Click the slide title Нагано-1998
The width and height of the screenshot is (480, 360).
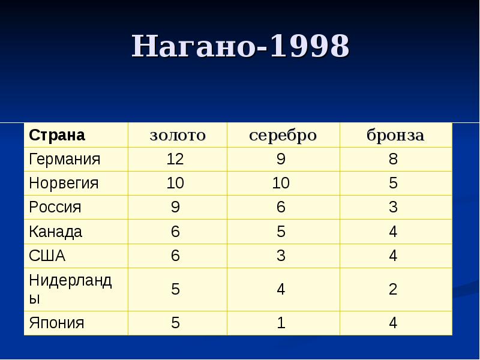pos(240,46)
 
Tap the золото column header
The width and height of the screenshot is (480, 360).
pos(177,135)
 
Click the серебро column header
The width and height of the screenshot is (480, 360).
pos(283,135)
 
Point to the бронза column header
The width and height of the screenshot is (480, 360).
pos(395,135)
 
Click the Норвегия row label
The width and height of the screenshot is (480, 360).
pos(64,184)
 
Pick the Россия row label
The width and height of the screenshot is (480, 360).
pos(55,208)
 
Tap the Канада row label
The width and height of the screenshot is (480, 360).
pos(56,232)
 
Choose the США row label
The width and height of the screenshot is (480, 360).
pos(47,256)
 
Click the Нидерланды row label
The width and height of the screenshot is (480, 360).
pos(70,289)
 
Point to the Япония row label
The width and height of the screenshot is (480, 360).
pos(57,323)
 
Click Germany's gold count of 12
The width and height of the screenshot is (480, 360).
pos(175,160)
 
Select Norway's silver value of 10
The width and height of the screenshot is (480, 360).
pos(281,184)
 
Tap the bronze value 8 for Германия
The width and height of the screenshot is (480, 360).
pos(393,160)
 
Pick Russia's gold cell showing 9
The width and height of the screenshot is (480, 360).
pos(175,208)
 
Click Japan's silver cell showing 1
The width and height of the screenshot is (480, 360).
pos(281,323)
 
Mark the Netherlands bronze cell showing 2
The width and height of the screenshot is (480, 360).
pos(393,289)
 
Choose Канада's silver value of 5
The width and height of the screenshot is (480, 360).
pos(281,232)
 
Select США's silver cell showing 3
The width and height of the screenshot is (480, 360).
pos(281,256)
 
